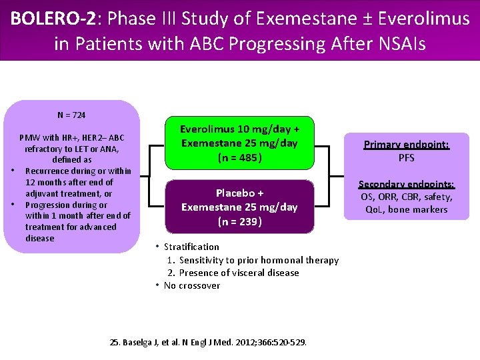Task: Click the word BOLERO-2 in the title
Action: tap(51, 18)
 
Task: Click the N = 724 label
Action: tap(71, 115)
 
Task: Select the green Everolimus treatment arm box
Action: tap(239, 143)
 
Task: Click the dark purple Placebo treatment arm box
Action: tap(239, 207)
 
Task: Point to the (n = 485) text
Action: tap(239, 158)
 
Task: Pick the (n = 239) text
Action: tap(239, 221)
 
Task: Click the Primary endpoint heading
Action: tap(406, 145)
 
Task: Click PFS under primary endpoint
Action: tap(406, 158)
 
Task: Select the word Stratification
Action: tap(191, 247)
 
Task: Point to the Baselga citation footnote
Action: tap(208, 342)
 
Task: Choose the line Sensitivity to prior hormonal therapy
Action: tap(259, 260)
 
